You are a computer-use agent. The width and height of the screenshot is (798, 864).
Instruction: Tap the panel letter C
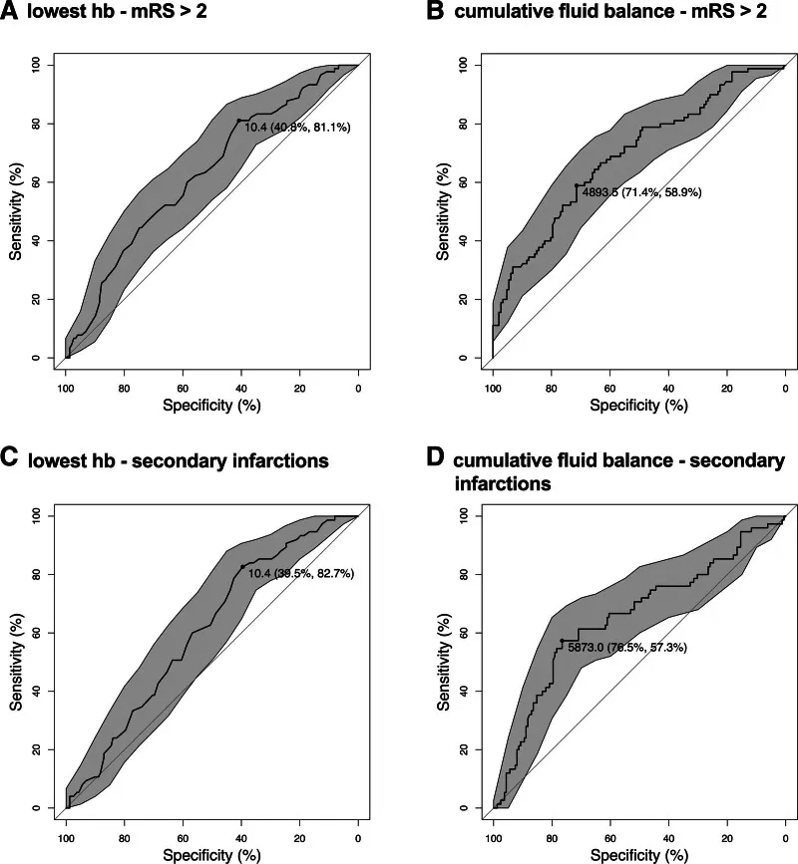coord(11,459)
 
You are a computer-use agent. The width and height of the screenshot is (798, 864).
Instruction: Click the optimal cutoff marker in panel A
coord(239,121)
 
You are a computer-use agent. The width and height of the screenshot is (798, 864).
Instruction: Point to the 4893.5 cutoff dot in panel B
coord(577,185)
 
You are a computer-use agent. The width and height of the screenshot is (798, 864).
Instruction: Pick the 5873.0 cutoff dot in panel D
coord(562,641)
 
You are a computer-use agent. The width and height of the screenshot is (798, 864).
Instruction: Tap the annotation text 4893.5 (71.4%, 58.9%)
coord(641,192)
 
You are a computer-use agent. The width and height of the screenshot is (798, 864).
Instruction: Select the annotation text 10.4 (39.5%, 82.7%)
coord(299,574)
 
